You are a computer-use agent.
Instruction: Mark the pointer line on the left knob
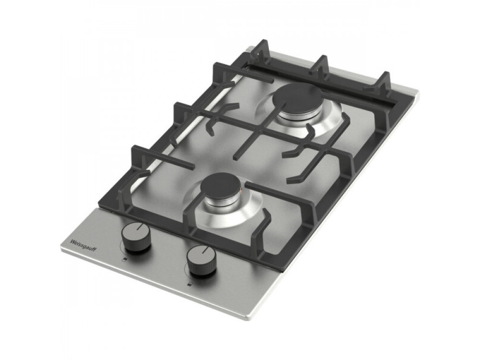(140, 227)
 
